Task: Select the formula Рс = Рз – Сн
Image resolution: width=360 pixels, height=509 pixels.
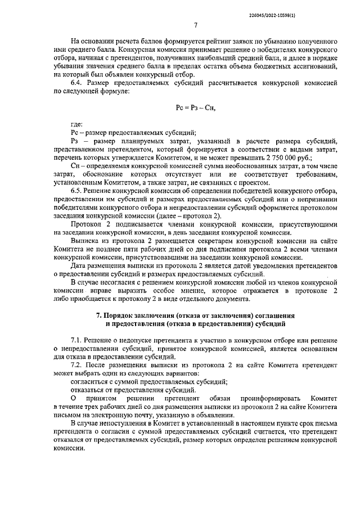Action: tap(195, 106)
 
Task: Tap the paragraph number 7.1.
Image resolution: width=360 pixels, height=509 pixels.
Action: tap(78, 341)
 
